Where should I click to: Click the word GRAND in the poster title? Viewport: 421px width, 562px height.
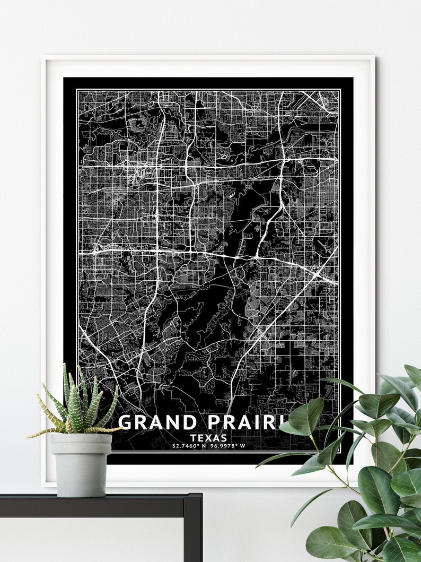[157, 422]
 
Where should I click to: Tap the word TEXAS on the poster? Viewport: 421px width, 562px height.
[210, 438]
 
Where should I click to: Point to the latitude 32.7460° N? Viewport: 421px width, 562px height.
[189, 446]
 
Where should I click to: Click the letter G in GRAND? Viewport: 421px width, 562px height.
[125, 422]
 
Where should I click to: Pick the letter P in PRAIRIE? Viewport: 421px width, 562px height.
[216, 422]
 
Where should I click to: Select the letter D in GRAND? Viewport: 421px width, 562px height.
[189, 422]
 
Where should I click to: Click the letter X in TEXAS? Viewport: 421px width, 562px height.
[210, 438]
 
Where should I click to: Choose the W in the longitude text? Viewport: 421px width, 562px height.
[243, 446]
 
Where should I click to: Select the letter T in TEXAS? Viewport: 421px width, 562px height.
[195, 438]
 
